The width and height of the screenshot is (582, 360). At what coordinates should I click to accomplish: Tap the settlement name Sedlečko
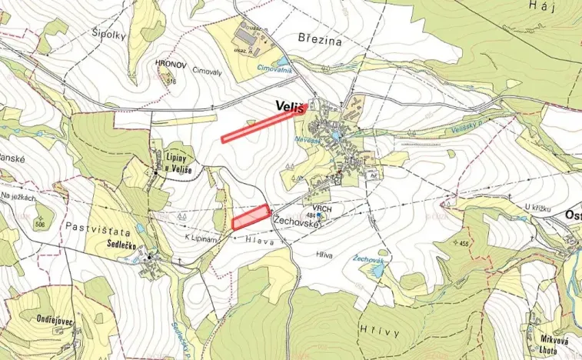127,243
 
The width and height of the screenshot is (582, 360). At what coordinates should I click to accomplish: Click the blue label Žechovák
369,261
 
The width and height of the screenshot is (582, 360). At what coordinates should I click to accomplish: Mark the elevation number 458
484,244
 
